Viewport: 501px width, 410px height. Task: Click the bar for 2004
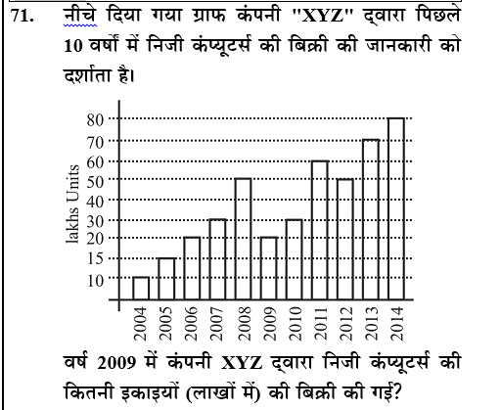click(141, 288)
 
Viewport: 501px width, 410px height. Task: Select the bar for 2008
click(243, 239)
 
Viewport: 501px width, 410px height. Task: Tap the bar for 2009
click(269, 268)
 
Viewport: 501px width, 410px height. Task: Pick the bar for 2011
click(320, 230)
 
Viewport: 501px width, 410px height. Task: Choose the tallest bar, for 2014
click(396, 208)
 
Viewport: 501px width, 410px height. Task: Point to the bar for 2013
click(371, 219)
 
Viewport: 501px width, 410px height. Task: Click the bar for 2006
click(192, 268)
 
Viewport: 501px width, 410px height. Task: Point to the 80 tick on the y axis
click(95, 120)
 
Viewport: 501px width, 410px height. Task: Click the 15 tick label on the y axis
click(95, 259)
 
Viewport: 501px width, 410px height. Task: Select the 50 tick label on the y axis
click(95, 181)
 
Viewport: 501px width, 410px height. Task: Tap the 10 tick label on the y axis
click(95, 281)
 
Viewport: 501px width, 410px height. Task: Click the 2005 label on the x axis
click(166, 323)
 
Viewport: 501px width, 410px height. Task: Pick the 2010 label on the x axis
click(295, 323)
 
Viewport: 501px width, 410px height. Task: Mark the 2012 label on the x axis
click(345, 323)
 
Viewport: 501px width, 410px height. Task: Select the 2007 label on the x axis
click(217, 323)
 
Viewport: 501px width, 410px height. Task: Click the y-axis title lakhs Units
click(72, 205)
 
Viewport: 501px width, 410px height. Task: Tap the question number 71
click(22, 17)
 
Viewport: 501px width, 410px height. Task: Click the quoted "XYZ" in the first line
click(322, 17)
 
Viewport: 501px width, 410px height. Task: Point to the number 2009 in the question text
click(116, 363)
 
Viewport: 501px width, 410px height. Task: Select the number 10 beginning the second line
click(73, 46)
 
